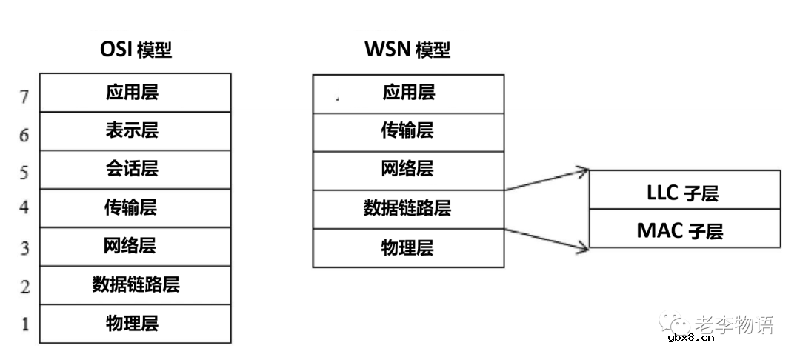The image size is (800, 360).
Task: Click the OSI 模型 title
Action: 136,50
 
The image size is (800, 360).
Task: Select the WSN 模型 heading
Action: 407,50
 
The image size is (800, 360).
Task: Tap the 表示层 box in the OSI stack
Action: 135,131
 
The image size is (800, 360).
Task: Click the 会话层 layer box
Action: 135,170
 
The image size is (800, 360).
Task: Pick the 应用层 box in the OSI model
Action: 135,93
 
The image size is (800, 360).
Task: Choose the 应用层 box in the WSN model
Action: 408,93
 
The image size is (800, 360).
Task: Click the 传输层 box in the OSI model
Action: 135,208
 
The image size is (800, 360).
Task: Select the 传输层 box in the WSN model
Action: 408,131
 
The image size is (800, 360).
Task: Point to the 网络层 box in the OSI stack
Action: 135,247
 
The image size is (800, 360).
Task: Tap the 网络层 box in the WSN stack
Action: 408,170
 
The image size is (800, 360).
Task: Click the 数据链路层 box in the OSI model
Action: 135,285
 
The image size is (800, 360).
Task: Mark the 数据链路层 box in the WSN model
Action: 408,209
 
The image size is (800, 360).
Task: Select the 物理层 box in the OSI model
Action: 135,324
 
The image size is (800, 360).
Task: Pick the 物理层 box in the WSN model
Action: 408,247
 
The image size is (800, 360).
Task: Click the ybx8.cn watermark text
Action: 690,339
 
